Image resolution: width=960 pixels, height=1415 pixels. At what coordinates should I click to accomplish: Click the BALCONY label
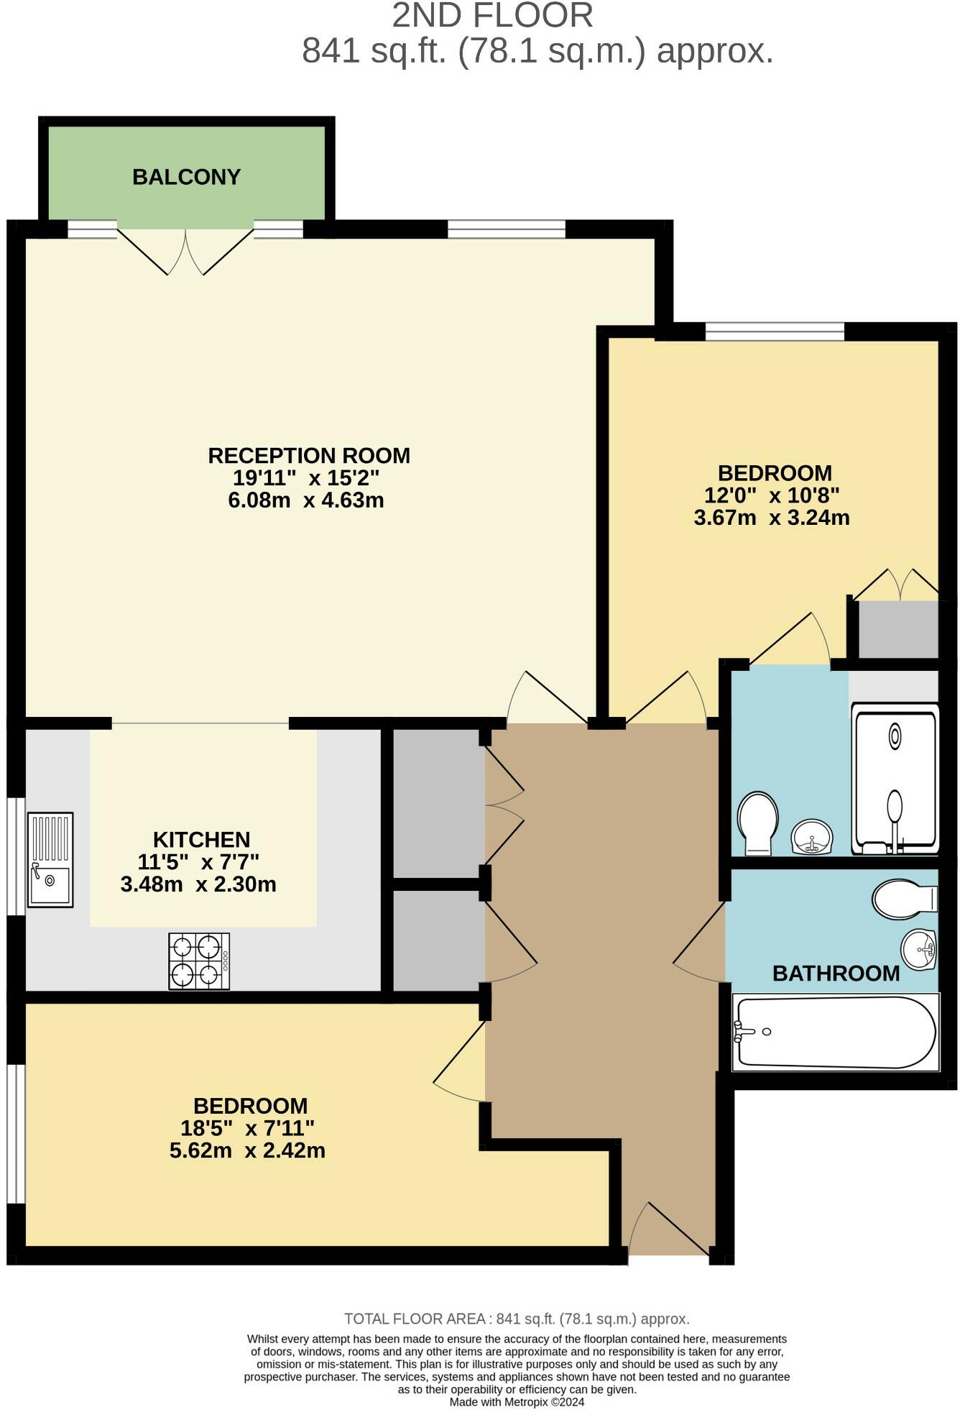click(186, 177)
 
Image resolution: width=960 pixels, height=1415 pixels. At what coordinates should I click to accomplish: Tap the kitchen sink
click(50, 859)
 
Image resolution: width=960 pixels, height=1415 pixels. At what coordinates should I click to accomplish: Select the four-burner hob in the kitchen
click(199, 961)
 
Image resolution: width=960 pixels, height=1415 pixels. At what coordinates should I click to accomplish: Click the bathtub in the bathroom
click(835, 1032)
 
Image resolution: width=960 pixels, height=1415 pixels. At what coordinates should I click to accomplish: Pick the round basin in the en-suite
click(812, 837)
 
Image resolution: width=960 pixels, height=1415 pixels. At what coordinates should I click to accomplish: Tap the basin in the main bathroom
click(919, 949)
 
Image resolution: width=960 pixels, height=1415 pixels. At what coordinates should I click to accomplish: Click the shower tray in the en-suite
click(895, 779)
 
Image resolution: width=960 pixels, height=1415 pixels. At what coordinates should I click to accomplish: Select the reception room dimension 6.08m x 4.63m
click(306, 500)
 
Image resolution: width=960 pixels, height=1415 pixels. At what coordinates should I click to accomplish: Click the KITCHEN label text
click(201, 840)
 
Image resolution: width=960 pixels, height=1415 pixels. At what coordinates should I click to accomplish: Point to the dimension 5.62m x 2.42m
click(247, 1150)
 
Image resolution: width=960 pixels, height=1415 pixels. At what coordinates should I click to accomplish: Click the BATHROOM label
click(836, 974)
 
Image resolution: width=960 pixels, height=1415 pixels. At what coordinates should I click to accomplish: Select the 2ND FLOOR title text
click(492, 16)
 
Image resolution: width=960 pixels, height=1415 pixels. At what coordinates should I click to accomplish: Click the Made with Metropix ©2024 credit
click(517, 1402)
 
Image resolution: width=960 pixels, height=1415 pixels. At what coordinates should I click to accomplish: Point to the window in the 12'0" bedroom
click(774, 331)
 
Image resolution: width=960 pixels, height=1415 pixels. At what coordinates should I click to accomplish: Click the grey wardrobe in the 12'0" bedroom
click(897, 629)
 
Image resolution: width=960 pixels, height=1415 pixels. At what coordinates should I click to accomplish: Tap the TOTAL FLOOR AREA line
click(517, 1319)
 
